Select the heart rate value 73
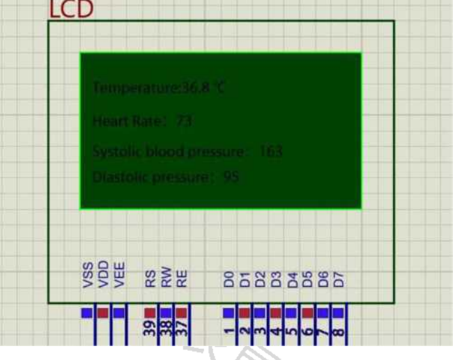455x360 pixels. pos(184,122)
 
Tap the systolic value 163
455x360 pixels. pos(270,150)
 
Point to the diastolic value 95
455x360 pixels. pos(231,177)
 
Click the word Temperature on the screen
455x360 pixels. pos(126,88)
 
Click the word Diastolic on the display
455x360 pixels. pos(116,177)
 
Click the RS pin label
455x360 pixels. pos(150,279)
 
